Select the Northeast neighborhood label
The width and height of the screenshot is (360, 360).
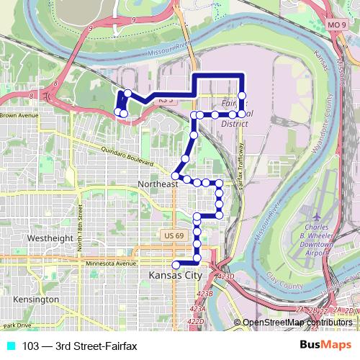(x=157, y=185)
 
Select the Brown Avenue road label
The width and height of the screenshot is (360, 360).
(x=19, y=114)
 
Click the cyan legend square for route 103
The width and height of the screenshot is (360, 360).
(x=9, y=346)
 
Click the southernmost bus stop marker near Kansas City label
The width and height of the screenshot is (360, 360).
(x=176, y=264)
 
